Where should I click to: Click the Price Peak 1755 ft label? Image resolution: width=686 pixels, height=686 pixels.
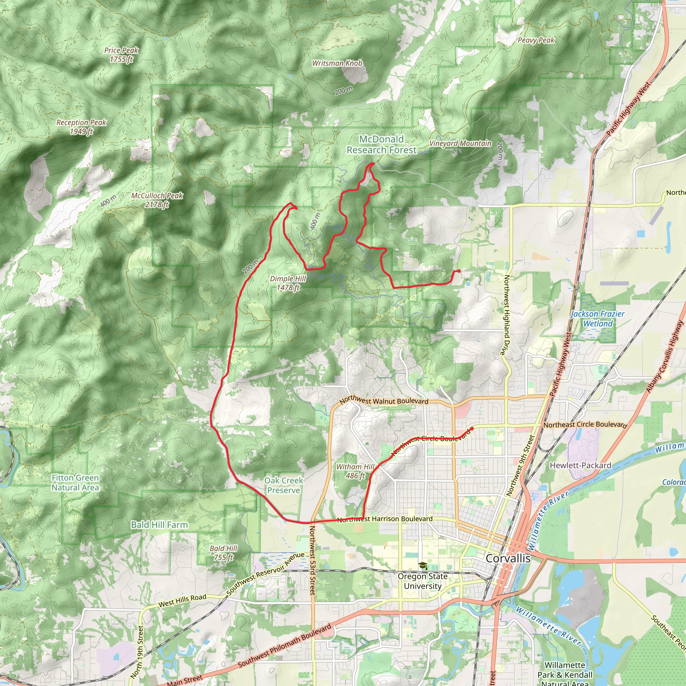121,55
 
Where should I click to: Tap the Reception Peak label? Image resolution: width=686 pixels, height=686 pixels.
81,127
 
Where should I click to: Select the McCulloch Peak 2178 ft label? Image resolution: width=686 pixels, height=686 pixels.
157,200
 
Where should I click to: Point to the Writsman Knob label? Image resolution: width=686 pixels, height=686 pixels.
337,63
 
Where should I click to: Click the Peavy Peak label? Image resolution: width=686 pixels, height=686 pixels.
536,40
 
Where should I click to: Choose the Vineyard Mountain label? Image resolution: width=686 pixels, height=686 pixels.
460,143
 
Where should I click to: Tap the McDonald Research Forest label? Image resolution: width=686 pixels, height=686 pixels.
381,144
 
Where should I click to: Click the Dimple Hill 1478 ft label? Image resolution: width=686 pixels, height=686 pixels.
288,283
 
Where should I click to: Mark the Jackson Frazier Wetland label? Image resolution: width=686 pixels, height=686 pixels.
598,319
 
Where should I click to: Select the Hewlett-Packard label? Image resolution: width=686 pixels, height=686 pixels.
580,465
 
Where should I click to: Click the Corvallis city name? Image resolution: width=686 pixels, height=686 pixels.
508,558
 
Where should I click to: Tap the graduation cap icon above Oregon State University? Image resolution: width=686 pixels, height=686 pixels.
422,565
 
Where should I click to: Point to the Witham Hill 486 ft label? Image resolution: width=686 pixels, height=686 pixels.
355,471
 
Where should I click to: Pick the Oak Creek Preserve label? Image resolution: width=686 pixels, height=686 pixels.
283,485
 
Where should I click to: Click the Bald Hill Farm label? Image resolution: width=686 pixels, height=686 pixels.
159,525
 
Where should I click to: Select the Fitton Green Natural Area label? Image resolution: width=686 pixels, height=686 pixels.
75,483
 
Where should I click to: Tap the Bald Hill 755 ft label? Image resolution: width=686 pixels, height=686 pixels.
223,553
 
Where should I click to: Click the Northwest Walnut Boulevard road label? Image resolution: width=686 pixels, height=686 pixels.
384,401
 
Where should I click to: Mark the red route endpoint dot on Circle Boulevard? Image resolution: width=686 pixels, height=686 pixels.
472,428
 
